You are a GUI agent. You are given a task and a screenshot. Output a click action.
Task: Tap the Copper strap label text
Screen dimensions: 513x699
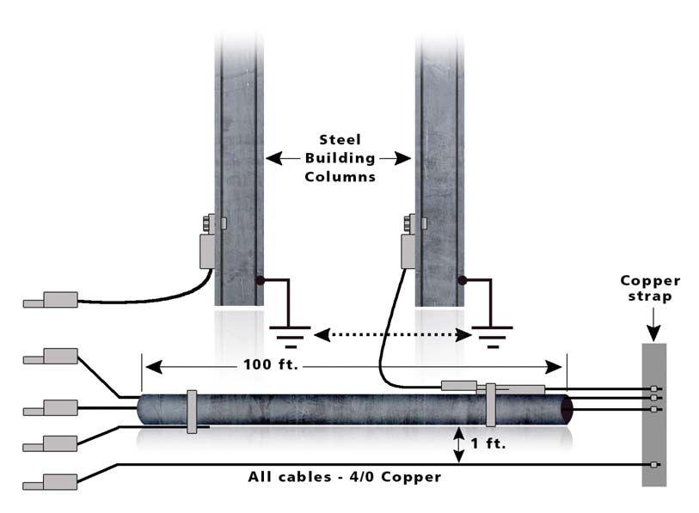[x=650, y=287]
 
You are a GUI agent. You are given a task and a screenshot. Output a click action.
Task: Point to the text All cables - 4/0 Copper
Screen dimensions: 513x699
[x=344, y=476]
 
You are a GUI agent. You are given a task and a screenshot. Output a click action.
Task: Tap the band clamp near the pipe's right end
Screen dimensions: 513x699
[x=490, y=405]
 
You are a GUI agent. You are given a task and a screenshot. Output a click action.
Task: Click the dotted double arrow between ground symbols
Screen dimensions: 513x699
[x=392, y=334]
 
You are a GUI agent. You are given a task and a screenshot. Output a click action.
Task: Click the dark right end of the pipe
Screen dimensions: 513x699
[x=567, y=408]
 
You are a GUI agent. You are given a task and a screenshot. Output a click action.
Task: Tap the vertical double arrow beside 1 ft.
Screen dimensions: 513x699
[x=458, y=444]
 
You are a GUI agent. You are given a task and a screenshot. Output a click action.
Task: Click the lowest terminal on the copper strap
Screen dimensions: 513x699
[x=655, y=465]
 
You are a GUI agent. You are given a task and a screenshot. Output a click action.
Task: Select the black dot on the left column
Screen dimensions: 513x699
[x=260, y=280]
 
